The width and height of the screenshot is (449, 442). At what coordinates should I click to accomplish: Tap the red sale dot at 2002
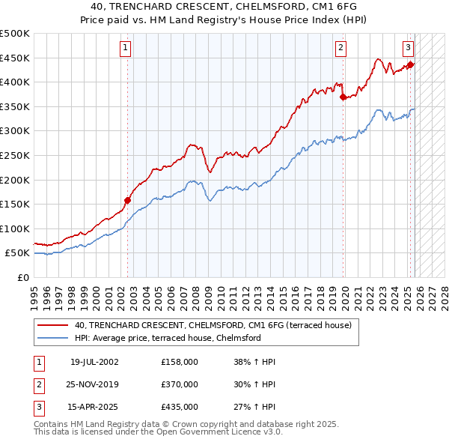click(127, 200)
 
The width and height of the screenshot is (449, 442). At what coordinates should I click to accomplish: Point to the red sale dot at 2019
click(343, 97)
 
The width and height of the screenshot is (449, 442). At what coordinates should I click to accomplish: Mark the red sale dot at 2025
click(411, 64)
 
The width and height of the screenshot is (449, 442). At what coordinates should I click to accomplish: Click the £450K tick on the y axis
click(15, 58)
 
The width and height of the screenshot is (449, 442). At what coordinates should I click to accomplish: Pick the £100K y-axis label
click(15, 228)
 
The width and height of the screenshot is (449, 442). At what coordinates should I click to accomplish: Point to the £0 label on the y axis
click(22, 277)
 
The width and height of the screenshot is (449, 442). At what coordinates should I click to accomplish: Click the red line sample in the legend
click(53, 326)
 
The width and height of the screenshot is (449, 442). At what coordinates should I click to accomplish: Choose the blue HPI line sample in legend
click(53, 338)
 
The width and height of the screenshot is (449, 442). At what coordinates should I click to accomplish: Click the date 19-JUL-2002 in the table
click(94, 362)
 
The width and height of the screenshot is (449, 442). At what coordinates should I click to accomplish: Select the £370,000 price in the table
click(180, 384)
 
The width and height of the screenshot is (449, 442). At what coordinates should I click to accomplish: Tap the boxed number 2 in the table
click(39, 384)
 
